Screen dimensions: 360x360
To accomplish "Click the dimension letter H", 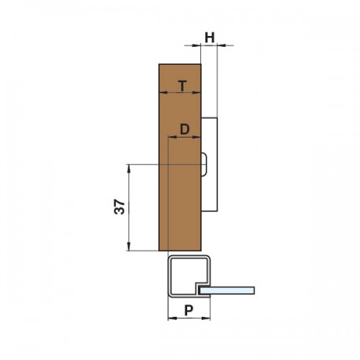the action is pyautogui.click(x=210, y=37).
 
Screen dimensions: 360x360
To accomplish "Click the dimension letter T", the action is pyautogui.click(x=183, y=86).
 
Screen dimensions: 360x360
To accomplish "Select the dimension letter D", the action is pyautogui.click(x=184, y=130).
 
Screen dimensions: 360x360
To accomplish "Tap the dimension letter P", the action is pyautogui.click(x=189, y=310).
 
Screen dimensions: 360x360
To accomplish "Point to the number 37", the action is pyautogui.click(x=120, y=207).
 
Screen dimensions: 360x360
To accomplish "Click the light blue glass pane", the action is pyautogui.click(x=228, y=290).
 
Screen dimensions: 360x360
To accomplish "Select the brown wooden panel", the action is pyautogui.click(x=180, y=158).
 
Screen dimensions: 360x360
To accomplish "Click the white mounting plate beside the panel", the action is pyautogui.click(x=210, y=165).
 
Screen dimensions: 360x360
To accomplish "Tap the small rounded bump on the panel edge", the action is pyautogui.click(x=204, y=165).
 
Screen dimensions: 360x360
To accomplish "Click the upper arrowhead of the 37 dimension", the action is pyautogui.click(x=129, y=168).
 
